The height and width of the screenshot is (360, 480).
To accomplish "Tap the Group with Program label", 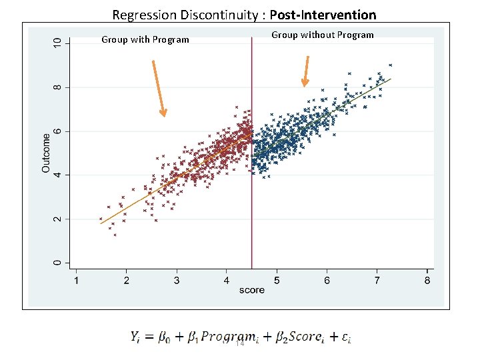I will point(145,39).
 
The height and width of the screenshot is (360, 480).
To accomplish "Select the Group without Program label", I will point(323,35).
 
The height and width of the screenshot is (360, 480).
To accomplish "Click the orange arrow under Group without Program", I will point(306,71).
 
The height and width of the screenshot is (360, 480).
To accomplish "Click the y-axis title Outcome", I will point(46,153).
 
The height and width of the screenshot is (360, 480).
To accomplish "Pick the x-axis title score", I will point(251,290).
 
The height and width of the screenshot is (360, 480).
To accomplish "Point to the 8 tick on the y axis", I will point(57,87).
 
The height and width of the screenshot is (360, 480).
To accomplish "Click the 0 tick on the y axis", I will point(57,263).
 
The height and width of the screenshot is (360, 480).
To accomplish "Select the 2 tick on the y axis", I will point(57,219).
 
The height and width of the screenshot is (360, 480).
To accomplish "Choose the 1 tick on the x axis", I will point(76,281).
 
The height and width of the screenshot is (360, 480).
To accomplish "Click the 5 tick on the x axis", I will point(277,281).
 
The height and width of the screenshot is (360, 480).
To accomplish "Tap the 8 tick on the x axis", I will point(427,281).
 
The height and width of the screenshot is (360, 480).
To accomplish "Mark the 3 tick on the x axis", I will point(177,281).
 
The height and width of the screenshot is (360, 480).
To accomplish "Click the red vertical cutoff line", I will point(251,200).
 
